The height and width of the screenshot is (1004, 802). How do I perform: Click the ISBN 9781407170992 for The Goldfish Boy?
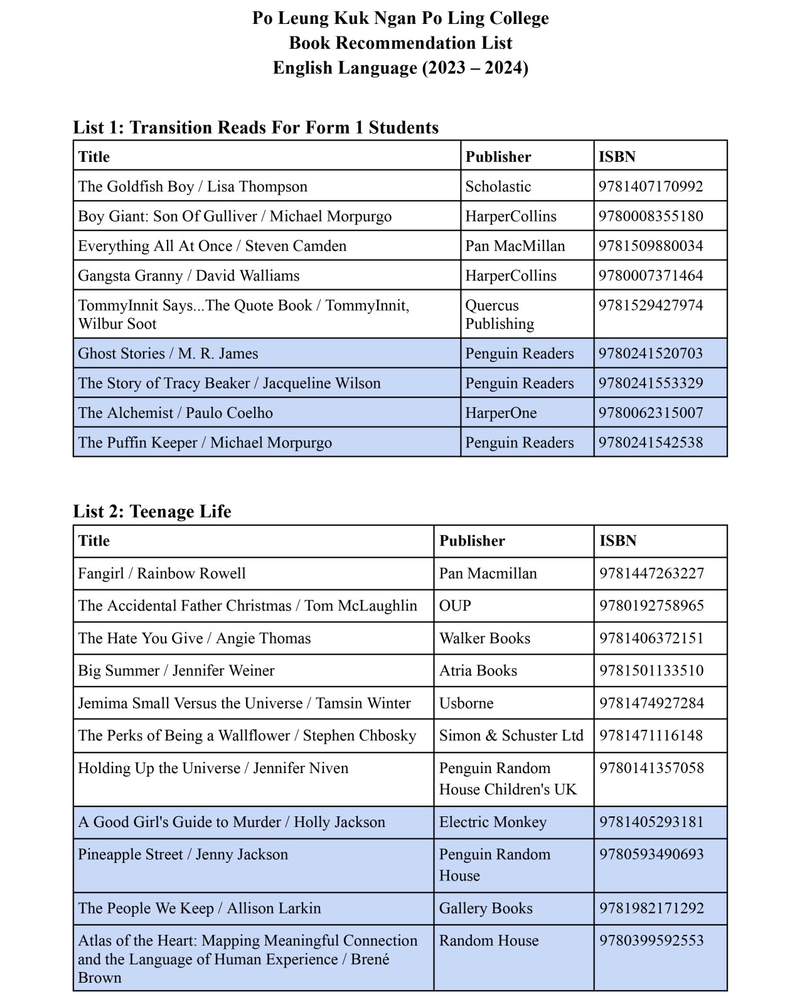651,186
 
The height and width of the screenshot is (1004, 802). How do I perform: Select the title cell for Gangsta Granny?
188,275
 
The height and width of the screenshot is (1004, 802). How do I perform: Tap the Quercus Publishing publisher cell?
500,314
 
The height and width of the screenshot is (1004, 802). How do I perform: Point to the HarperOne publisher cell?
501,413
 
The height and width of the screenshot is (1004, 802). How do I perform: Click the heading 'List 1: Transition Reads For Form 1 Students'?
255,127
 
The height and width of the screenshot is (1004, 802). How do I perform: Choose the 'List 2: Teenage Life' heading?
152,511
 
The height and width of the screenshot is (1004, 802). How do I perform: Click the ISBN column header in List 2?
618,541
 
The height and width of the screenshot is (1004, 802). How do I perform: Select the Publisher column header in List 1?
498,157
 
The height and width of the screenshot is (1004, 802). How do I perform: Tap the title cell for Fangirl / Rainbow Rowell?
162,574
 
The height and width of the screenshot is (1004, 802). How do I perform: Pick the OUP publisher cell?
455,606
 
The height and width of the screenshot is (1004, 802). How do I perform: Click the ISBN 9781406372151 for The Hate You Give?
651,638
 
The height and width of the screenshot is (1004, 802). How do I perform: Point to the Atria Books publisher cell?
478,671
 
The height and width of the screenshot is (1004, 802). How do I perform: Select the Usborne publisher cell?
466,703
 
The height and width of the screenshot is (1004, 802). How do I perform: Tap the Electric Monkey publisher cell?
493,822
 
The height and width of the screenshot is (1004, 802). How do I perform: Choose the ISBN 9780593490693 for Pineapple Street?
651,855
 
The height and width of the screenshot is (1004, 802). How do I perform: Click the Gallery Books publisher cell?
486,909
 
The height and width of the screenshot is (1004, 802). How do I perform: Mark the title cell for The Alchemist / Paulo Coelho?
175,413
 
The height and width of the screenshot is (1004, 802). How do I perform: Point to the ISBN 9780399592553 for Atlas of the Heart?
651,941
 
